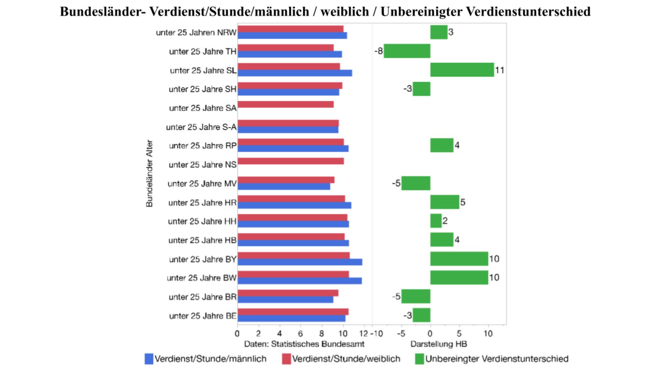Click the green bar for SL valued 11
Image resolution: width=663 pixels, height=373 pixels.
(x=462, y=70)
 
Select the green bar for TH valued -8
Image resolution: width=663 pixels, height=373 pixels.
(x=407, y=51)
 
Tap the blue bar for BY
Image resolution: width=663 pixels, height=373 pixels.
(x=300, y=262)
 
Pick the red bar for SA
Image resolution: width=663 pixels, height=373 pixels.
(x=286, y=104)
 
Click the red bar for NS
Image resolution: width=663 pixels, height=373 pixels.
(x=290, y=161)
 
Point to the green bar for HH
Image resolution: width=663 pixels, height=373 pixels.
(x=436, y=221)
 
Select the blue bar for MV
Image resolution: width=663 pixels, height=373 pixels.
(x=284, y=186)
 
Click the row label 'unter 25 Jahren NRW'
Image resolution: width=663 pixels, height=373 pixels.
(x=196, y=32)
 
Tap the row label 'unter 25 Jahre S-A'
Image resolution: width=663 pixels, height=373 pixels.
(x=201, y=127)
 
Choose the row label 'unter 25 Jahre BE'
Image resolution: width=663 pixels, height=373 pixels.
(x=203, y=316)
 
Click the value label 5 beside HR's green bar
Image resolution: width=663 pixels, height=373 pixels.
(x=463, y=202)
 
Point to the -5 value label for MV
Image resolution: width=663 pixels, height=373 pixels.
(x=396, y=183)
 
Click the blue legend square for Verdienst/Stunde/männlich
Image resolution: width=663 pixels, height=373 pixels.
(x=149, y=359)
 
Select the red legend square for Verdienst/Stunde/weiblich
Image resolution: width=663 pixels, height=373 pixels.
(x=286, y=359)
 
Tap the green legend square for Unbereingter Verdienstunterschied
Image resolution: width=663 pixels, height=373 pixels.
(x=419, y=359)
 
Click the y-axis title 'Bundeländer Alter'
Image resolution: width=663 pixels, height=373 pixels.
(x=149, y=173)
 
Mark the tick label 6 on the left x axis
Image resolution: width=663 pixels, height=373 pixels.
(x=300, y=334)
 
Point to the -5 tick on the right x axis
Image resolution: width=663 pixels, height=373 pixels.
(x=401, y=334)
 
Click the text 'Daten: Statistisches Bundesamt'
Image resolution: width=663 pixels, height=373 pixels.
(x=304, y=344)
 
